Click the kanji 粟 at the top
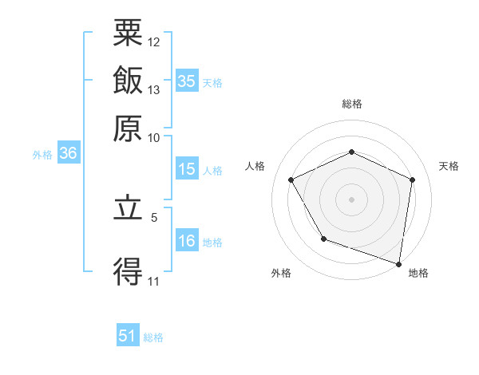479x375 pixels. coord(129,34)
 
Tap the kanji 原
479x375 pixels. coord(129,128)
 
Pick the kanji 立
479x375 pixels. coord(129,210)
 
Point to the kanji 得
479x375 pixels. coord(129,272)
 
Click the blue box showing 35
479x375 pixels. coord(187,81)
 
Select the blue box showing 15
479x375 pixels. coord(187,169)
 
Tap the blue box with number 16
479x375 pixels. coord(187,242)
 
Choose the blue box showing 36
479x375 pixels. coord(68,154)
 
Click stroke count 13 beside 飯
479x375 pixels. coord(154,89)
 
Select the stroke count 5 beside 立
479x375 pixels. coord(154,215)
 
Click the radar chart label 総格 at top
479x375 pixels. coord(352,104)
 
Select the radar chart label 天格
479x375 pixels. coord(449,166)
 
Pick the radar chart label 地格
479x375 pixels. coord(418,274)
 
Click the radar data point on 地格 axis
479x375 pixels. coord(399,263)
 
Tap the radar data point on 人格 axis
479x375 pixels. coord(291,180)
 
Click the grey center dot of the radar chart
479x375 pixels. coord(352,199)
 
